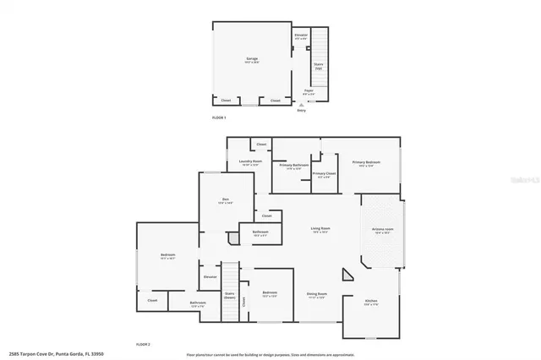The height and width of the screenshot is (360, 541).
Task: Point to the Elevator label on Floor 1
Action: tap(301, 36)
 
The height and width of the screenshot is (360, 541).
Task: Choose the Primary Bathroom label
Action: tap(293, 166)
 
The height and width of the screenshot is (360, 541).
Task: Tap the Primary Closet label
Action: tap(324, 175)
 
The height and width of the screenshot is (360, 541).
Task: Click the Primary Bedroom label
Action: tap(366, 163)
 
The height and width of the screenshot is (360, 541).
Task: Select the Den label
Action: tap(226, 201)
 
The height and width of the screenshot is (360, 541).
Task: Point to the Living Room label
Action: tap(320, 230)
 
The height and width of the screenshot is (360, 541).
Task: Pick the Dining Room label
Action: tap(317, 296)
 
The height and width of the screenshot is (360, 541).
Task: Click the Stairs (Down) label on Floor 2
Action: tap(229, 296)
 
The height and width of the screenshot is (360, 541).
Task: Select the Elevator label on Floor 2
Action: tap(210, 276)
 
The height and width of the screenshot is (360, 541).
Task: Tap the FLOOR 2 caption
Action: tap(144, 345)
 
